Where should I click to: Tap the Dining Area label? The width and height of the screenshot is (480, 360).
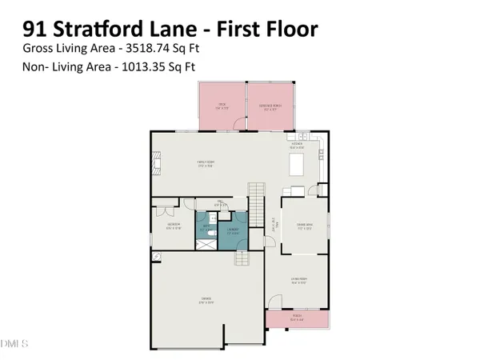click(302, 226)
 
